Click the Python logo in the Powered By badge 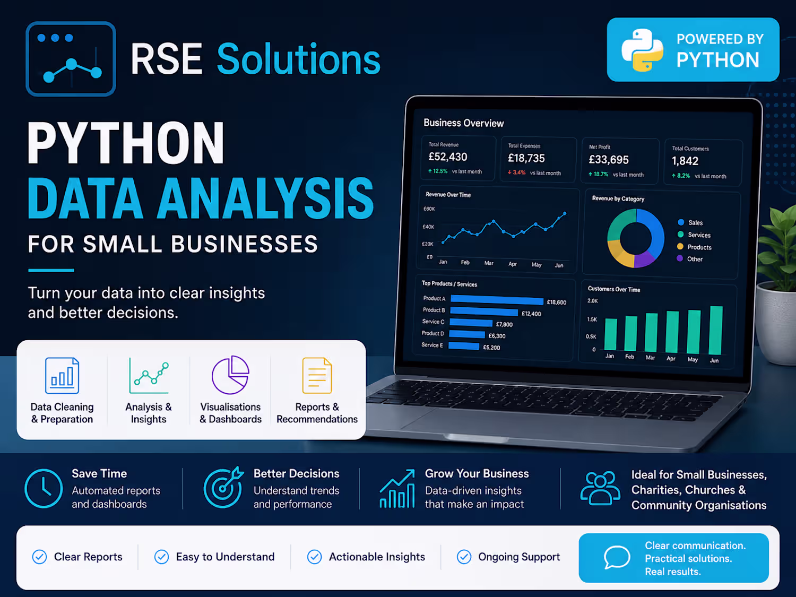(642, 50)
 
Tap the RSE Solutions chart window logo (71, 59)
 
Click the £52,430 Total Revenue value (448, 157)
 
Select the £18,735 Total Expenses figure (526, 158)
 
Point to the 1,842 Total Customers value (685, 161)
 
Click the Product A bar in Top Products (497, 300)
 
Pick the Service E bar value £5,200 (491, 348)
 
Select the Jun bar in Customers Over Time (715, 330)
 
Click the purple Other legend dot (680, 258)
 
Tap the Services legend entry (694, 235)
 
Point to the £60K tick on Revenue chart (429, 209)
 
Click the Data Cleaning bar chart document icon (62, 376)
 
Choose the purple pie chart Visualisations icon (230, 375)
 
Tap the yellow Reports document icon (317, 376)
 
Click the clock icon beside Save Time (44, 488)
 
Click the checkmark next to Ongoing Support (464, 557)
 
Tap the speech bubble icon (617, 557)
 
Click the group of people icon (600, 488)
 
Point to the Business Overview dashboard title (463, 123)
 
